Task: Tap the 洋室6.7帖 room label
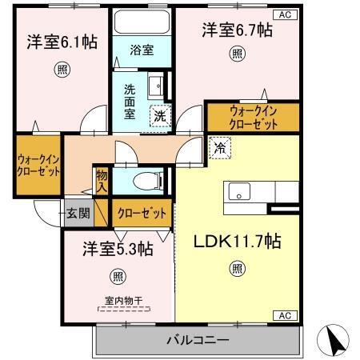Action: (x=236, y=30)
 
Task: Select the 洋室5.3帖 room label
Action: (x=118, y=249)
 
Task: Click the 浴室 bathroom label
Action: (x=142, y=49)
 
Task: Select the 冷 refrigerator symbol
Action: (x=218, y=147)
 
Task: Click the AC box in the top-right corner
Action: (x=284, y=14)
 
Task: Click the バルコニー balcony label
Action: (x=198, y=339)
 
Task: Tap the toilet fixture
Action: (x=149, y=181)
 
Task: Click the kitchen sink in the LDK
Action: (x=240, y=192)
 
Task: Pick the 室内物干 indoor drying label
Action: (x=122, y=301)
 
